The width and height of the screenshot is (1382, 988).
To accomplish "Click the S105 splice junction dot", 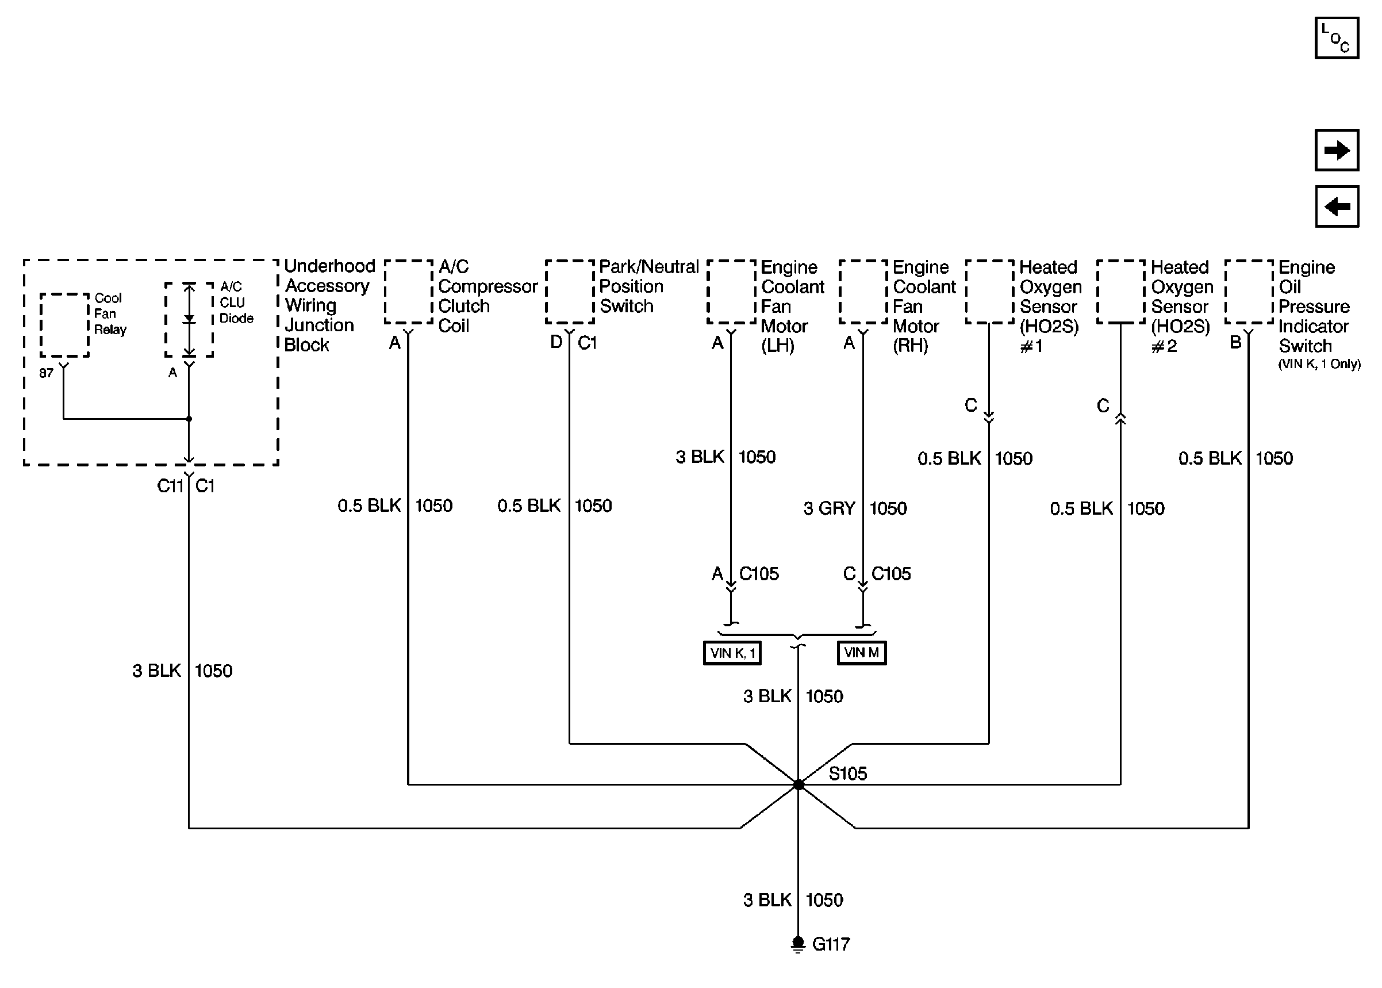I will [799, 785].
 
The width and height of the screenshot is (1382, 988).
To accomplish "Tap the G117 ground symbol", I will [799, 944].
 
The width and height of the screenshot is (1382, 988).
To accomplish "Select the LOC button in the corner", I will [1337, 39].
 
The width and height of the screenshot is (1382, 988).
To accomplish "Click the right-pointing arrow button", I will [1337, 150].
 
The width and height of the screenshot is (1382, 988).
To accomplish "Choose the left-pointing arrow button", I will [1337, 207].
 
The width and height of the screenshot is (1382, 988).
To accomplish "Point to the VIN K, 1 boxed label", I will [732, 653].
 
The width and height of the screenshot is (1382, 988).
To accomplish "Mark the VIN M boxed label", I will [862, 653].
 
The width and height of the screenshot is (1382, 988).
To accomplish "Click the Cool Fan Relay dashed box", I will [64, 325].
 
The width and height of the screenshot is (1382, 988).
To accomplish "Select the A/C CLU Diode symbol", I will [189, 319].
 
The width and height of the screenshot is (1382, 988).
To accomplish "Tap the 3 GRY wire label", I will [829, 508].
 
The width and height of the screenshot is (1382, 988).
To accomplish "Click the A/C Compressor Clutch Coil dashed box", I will [408, 292].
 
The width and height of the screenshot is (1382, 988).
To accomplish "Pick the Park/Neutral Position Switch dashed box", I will [569, 292].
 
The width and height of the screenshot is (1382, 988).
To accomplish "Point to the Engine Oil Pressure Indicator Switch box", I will [1249, 292].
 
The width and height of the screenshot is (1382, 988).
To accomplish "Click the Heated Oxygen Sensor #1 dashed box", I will [989, 292].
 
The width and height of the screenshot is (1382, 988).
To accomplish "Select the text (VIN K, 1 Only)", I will [1319, 365].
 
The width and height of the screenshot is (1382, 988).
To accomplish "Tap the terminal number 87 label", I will [46, 373].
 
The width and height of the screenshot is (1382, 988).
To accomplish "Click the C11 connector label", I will [170, 486].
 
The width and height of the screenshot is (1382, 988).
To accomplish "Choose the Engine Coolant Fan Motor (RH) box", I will [863, 292].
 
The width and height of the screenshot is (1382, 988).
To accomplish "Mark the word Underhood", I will [329, 266].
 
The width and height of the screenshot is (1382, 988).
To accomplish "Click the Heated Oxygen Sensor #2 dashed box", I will [1120, 292].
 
